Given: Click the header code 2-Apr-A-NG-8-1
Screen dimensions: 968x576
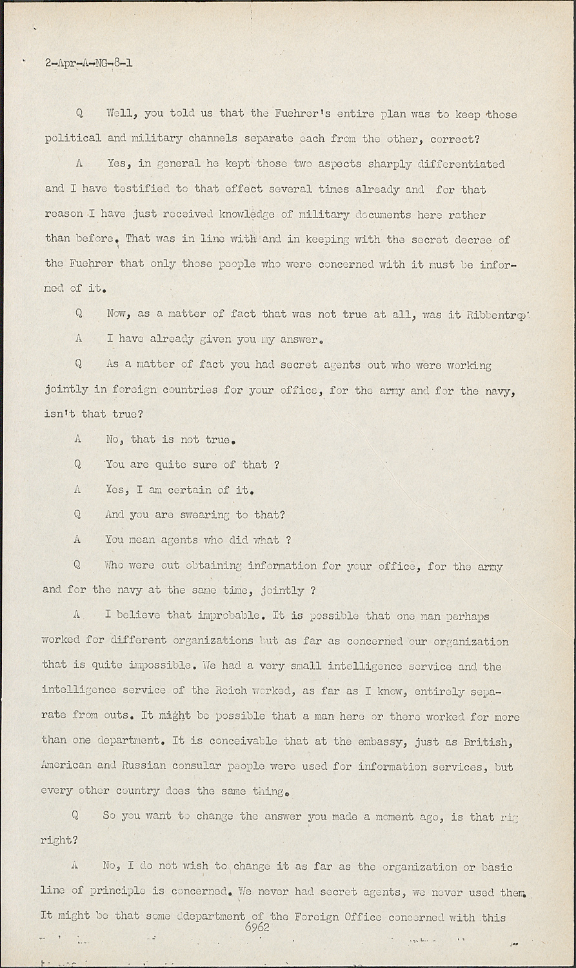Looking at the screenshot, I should pyautogui.click(x=89, y=63).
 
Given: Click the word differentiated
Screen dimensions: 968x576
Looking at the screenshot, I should pyautogui.click(x=461, y=164).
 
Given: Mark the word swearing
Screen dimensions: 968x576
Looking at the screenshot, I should pyautogui.click(x=203, y=515).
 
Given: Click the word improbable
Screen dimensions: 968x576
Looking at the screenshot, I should pyautogui.click(x=222, y=615).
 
